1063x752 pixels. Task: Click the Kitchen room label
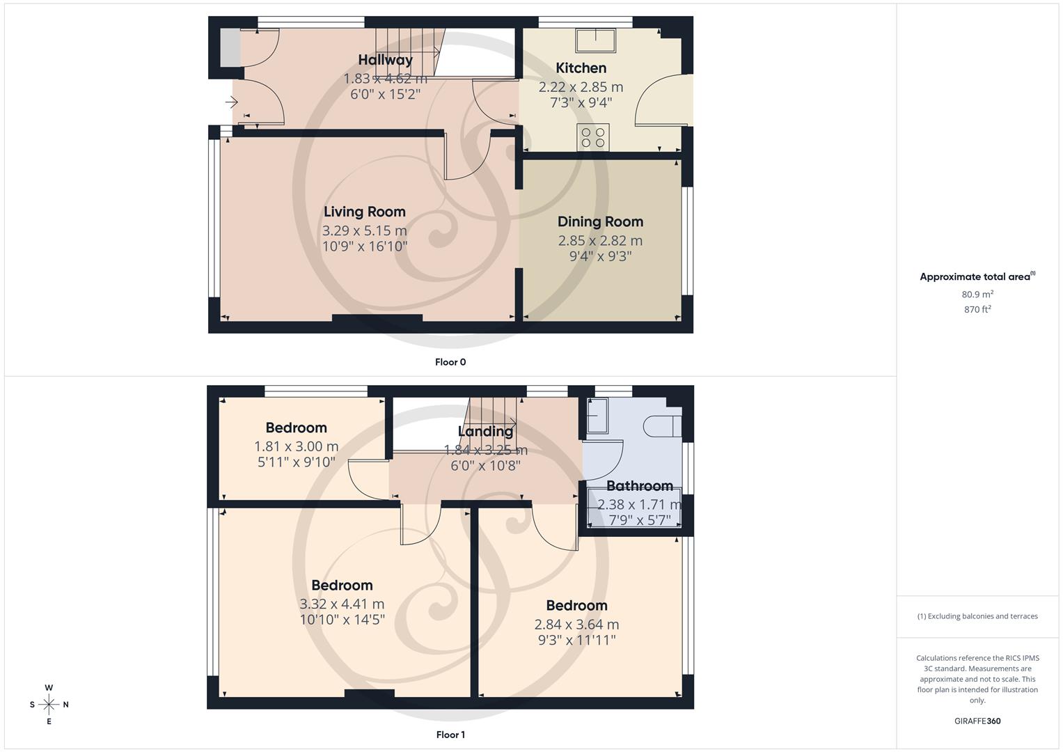point(581,68)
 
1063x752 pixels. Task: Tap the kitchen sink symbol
point(595,40)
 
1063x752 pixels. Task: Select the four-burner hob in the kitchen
point(593,137)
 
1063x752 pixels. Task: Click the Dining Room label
point(600,222)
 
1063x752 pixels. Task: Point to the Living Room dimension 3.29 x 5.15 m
point(364,230)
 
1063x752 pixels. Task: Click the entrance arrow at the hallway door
point(232,103)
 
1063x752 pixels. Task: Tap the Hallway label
point(385,60)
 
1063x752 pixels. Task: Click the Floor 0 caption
point(450,362)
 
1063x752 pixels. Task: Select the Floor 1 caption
point(450,735)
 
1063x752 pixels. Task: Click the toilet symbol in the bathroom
point(662,425)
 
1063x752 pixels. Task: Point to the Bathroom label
point(639,486)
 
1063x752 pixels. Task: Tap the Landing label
point(485,432)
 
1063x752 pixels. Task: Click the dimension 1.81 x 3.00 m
point(296,447)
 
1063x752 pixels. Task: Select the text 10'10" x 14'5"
point(342,620)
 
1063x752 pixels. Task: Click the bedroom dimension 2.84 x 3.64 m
point(576,625)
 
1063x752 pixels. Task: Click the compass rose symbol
point(49,705)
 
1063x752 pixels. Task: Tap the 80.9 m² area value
point(977,295)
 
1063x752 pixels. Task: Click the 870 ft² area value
point(977,309)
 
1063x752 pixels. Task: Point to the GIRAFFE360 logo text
point(977,721)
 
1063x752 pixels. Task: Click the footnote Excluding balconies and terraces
point(977,616)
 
